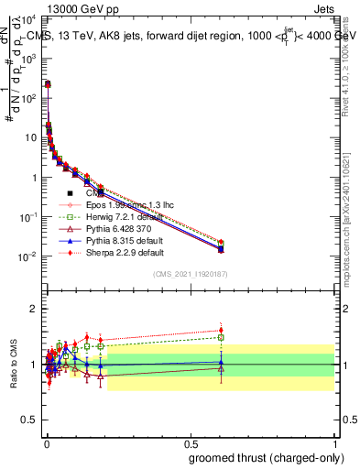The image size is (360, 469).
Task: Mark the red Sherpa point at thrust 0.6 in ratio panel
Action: (x=221, y=330)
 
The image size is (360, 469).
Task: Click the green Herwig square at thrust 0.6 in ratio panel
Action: (x=221, y=337)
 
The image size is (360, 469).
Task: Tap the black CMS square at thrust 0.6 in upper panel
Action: (x=221, y=248)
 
